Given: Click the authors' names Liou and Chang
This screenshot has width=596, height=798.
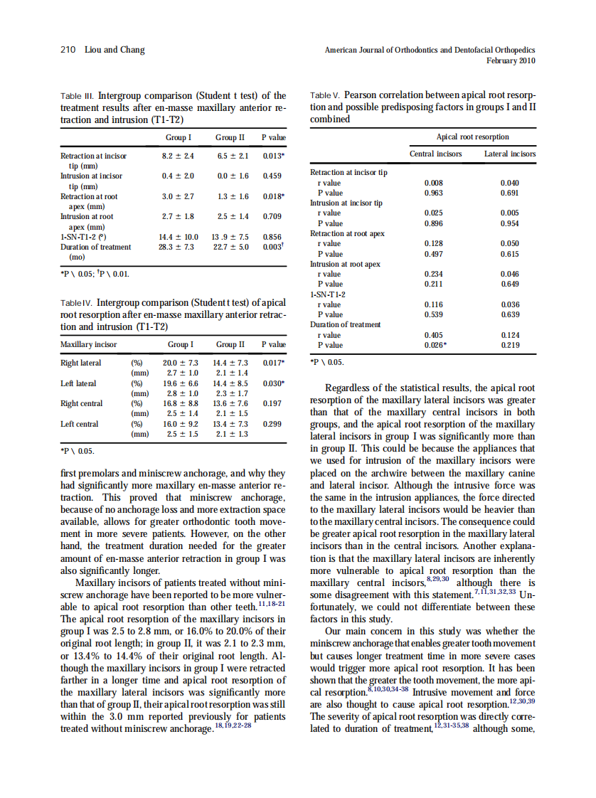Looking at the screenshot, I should tap(115, 50).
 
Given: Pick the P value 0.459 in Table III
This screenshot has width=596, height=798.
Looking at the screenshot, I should tap(274, 175).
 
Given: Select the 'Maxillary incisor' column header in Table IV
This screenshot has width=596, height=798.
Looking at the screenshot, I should tap(89, 344).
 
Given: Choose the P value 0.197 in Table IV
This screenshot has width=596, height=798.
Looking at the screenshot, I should tap(274, 403).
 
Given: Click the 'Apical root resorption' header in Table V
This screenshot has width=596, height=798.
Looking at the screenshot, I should tap(472, 137).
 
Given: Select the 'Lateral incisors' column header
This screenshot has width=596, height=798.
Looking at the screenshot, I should tap(510, 154).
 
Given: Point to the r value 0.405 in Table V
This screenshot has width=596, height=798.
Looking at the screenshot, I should tap(433, 335).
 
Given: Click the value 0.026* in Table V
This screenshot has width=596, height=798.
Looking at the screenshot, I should tap(435, 345).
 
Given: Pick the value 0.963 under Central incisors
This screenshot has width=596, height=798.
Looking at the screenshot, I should tap(433, 193).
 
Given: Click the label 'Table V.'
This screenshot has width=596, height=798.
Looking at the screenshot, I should tap(326, 95).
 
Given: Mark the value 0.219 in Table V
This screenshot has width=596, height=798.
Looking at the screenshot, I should tap(510, 345).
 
